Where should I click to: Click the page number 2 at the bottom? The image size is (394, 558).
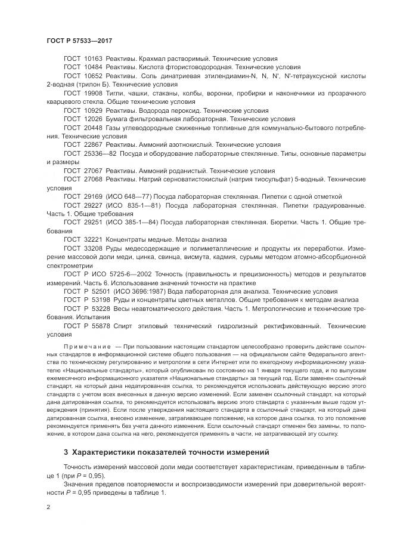[x=48, y=507]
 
